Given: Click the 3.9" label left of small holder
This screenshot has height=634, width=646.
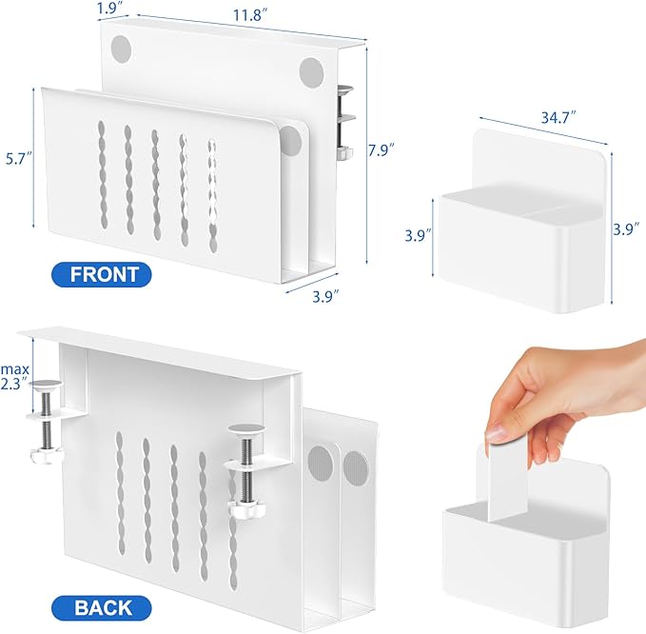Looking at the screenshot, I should click(417, 233).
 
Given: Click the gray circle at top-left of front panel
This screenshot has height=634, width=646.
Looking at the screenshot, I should click(122, 48).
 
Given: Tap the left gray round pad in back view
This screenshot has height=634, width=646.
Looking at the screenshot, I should click(321, 459).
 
